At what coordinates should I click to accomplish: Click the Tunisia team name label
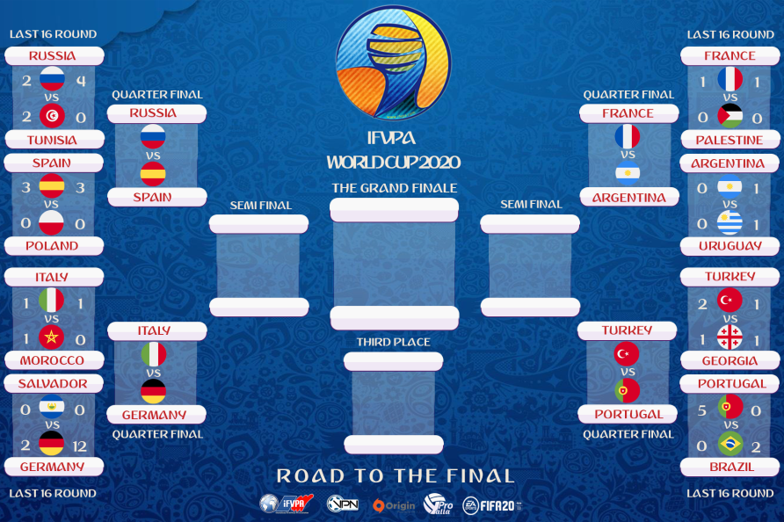click(53, 140)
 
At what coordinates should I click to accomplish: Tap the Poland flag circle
click(52, 223)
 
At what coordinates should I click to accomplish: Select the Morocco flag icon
click(52, 337)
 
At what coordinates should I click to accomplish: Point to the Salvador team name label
click(53, 384)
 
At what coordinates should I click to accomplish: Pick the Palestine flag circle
click(730, 116)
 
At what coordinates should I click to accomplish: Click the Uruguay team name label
click(730, 246)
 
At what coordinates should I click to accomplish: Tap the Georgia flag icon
click(730, 337)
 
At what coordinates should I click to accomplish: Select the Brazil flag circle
click(730, 445)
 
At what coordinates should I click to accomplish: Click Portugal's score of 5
click(702, 410)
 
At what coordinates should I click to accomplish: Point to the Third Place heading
click(393, 342)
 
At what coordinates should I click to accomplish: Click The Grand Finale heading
click(394, 188)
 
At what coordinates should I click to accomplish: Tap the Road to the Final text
click(396, 476)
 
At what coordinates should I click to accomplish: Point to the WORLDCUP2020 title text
click(393, 162)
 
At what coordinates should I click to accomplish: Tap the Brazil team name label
click(730, 468)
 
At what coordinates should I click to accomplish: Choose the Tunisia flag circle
click(52, 116)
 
